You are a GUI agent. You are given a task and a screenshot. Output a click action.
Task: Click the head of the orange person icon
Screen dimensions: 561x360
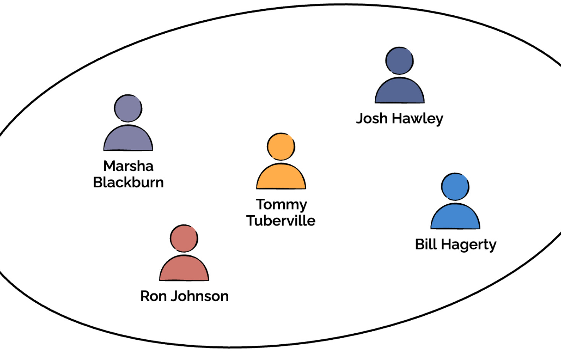(281, 146)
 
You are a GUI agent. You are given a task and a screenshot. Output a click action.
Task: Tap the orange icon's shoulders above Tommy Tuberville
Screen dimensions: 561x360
(281, 177)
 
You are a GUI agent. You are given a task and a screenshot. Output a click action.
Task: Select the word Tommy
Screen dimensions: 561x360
(281, 205)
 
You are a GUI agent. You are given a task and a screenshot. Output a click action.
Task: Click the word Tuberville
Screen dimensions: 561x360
(281, 221)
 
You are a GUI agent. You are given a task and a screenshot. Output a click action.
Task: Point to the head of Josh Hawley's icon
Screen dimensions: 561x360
(399, 61)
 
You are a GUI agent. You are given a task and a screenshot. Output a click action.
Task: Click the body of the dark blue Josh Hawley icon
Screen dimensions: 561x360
(399, 92)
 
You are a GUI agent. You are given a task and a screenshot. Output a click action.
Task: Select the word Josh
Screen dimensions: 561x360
(372, 118)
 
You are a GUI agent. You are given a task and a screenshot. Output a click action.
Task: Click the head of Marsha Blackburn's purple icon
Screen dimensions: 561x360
(128, 108)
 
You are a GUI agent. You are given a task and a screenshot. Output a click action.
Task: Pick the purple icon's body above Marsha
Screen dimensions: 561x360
(128, 139)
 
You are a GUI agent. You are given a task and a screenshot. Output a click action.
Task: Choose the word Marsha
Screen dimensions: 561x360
(128, 166)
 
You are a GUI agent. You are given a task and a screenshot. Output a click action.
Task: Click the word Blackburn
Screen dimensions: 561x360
(128, 182)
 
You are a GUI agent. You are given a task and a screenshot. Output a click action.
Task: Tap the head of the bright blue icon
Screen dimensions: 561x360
(455, 186)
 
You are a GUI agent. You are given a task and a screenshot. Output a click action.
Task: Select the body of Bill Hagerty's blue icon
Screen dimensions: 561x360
(455, 217)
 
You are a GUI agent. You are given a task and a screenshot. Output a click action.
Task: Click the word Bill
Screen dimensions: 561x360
(426, 244)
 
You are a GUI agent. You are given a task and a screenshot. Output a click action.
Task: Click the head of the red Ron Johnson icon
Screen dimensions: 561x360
(184, 238)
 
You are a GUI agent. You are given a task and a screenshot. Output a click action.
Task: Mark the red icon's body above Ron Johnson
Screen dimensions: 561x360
(184, 269)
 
